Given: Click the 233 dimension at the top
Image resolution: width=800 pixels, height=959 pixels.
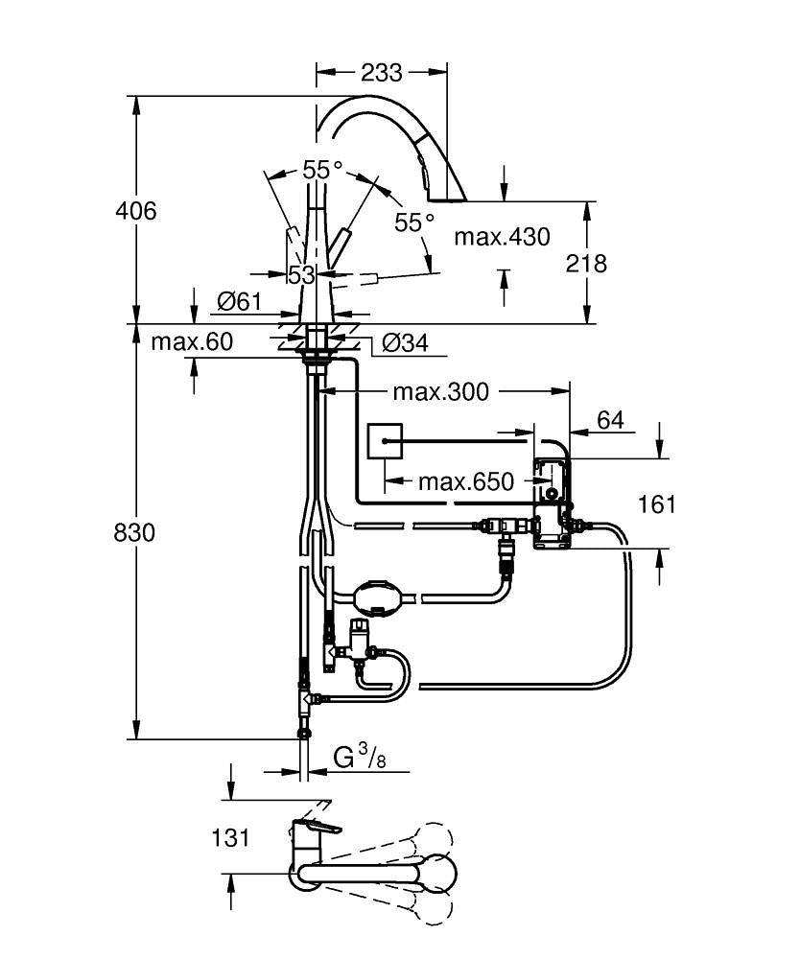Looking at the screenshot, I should pos(382,72).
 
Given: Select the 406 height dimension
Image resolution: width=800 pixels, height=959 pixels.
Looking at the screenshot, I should pos(135,210).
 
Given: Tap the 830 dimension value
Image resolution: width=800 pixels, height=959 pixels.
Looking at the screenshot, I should pos(135,532).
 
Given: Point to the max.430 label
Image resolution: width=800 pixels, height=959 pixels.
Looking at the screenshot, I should pos(502,236).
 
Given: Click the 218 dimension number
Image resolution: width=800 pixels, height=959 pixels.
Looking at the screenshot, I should pos(586,263).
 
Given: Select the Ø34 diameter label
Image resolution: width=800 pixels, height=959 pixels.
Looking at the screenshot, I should pos(404,342).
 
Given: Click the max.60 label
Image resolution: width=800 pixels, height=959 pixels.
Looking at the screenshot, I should pos(192,342).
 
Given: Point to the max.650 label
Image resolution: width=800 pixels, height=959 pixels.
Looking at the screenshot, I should pos(465,480).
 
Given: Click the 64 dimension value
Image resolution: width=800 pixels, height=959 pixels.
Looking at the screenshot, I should pos(610,420).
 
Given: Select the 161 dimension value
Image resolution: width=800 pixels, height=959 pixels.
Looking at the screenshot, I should pos(656,503).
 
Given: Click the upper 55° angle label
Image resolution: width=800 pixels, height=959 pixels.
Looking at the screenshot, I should pos(322,170).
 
